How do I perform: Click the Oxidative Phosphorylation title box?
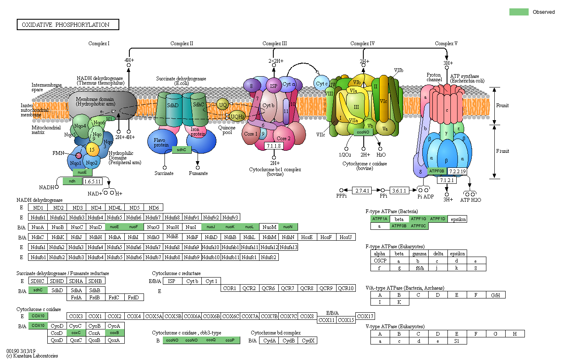[x=68, y=25]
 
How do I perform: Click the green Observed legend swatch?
[x=519, y=12]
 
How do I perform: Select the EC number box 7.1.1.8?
[x=274, y=146]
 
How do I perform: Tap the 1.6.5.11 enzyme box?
[x=93, y=181]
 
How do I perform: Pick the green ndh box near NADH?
[x=72, y=181]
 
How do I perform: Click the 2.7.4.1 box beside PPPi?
[x=362, y=190]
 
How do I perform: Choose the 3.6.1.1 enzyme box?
[x=399, y=190]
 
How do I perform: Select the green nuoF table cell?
[x=134, y=227]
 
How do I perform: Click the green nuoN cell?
[x=288, y=227]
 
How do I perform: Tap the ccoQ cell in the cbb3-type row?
[x=211, y=340]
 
